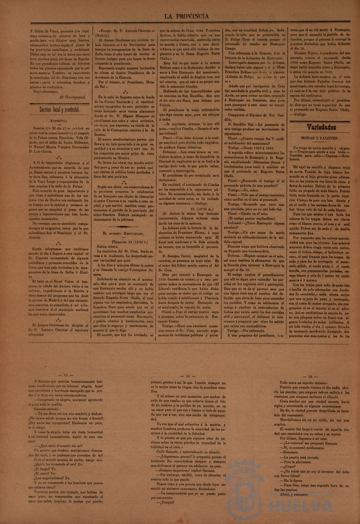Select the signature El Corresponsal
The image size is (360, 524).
pos(72,97)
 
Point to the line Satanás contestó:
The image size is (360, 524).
pos(49,409)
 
